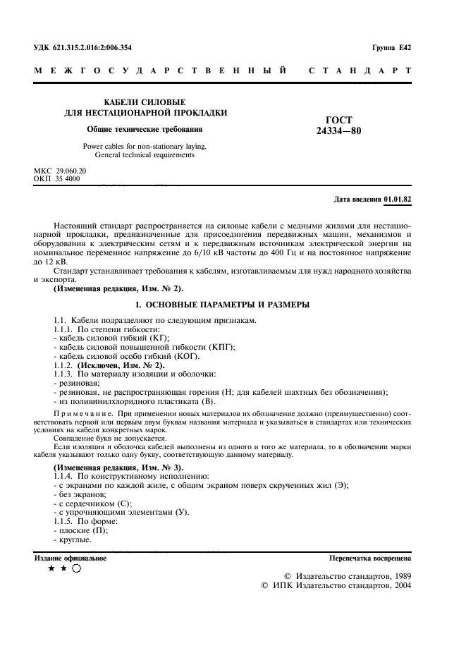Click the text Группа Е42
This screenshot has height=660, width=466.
tap(391, 48)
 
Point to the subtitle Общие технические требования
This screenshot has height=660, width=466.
tap(145, 129)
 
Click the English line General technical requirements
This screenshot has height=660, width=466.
tap(145, 155)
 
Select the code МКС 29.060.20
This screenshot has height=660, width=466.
tap(60, 171)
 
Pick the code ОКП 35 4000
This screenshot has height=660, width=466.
tap(57, 179)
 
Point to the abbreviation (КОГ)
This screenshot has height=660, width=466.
tap(193, 356)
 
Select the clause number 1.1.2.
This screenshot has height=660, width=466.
tap(63, 365)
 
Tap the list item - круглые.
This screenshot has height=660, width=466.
tap(72, 539)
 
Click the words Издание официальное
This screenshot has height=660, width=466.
tap(70, 558)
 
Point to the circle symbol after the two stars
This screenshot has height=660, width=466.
tap(77, 570)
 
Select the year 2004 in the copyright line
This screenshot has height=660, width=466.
tap(401, 585)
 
